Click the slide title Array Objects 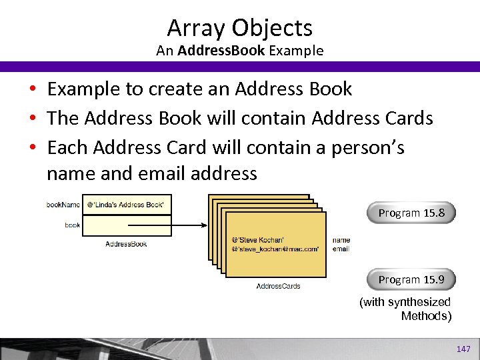(239, 28)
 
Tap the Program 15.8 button (411, 213)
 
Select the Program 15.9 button (411, 279)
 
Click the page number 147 (463, 349)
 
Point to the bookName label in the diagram (63, 204)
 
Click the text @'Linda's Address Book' (125, 204)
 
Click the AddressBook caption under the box (126, 244)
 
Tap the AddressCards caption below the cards (278, 286)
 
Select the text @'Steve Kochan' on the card (257, 239)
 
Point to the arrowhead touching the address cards (204, 225)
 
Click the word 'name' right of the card (341, 240)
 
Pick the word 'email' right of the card (341, 249)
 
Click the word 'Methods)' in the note (426, 316)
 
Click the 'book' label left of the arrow (72, 225)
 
